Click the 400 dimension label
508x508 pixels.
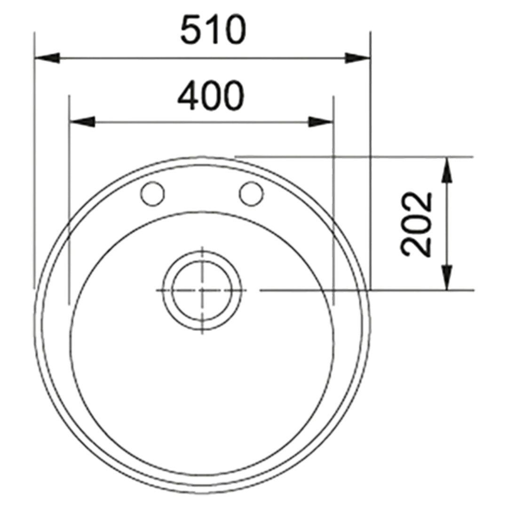[211, 95]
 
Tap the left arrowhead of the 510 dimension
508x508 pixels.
[48, 58]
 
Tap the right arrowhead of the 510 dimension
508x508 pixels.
[357, 58]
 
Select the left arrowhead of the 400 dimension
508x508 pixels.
[82, 122]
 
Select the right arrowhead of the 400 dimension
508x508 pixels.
[321, 122]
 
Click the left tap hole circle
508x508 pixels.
[152, 194]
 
